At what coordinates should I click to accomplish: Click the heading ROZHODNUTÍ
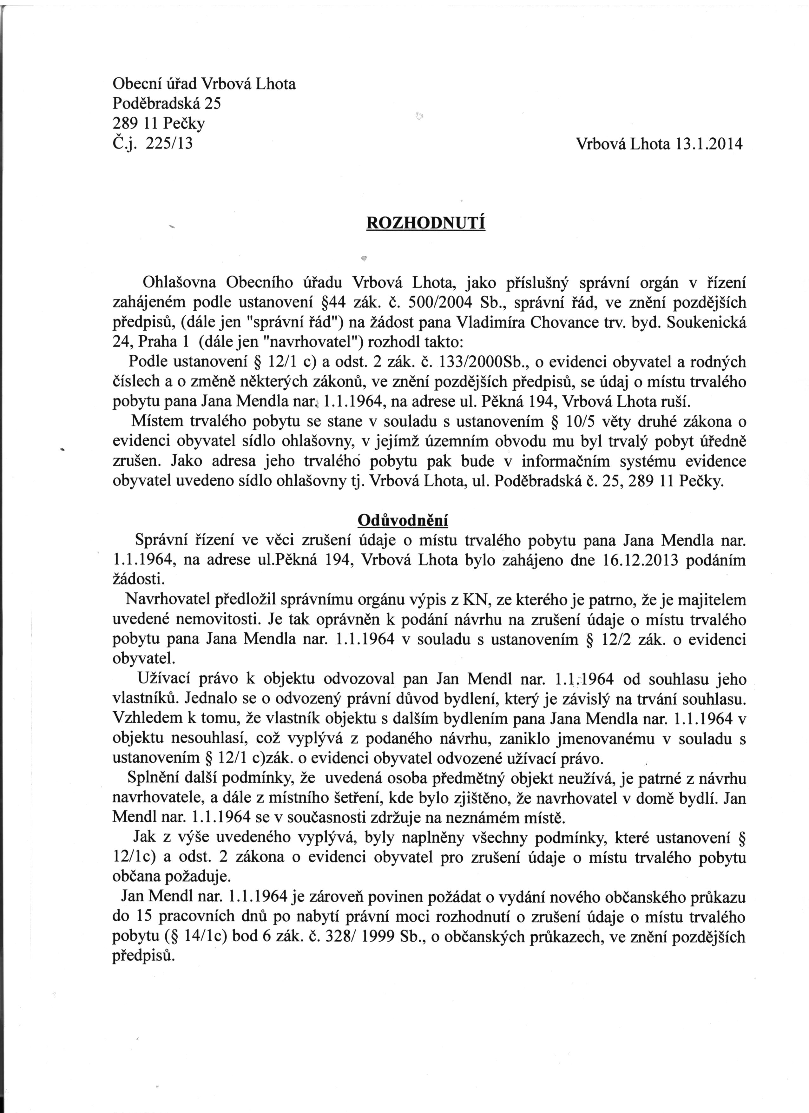[x=426, y=223]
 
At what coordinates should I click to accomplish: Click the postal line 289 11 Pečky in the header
[x=158, y=124]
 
